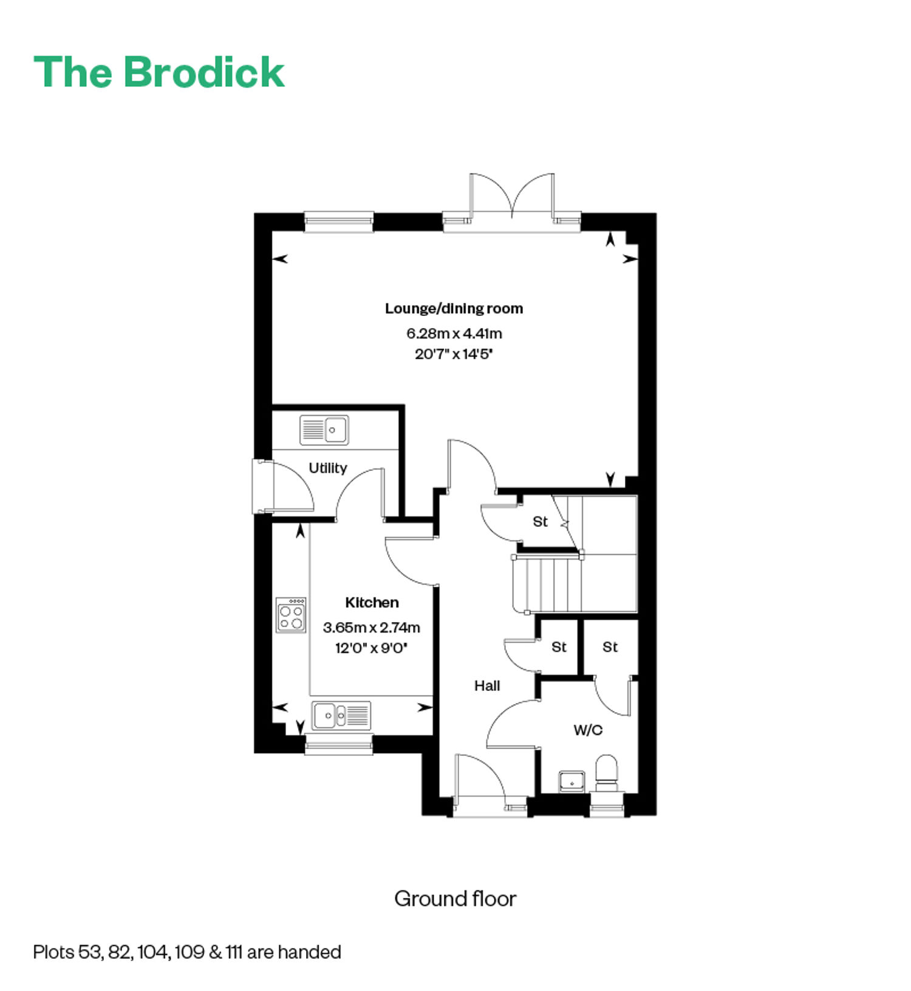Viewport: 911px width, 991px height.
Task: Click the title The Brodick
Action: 159,72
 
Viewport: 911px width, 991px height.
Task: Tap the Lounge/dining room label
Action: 454,309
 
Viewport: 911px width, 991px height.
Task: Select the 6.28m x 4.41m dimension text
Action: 454,334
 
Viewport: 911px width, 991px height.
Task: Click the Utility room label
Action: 328,468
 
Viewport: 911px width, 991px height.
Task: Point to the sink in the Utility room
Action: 324,430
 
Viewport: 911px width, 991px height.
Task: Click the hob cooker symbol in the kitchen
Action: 291,616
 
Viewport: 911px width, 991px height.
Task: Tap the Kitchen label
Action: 372,603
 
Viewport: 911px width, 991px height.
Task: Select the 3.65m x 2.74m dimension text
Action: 372,628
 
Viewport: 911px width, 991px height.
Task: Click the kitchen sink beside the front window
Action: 341,715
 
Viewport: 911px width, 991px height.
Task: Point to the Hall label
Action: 487,686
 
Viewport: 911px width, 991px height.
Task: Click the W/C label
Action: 588,730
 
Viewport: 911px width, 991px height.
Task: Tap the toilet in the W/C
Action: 606,773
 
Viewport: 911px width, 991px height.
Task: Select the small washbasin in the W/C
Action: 572,782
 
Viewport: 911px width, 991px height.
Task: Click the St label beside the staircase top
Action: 540,522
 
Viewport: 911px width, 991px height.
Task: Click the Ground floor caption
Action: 455,899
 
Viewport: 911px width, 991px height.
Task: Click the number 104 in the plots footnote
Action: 152,952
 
